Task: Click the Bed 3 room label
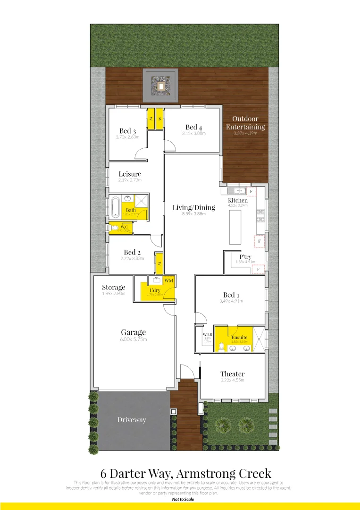pyautogui.click(x=127, y=131)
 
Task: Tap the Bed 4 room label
pyautogui.click(x=193, y=127)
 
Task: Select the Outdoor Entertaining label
pyautogui.click(x=245, y=123)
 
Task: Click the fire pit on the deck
pyautogui.click(x=161, y=85)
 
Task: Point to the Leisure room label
pyautogui.click(x=130, y=174)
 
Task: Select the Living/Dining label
pyautogui.click(x=193, y=207)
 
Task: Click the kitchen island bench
pyautogui.click(x=234, y=227)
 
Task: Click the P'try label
pyautogui.click(x=245, y=256)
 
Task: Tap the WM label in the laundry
pyautogui.click(x=169, y=281)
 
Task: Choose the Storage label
pyautogui.click(x=114, y=287)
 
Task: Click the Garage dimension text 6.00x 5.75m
pyautogui.click(x=133, y=340)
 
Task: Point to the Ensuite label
pyautogui.click(x=239, y=338)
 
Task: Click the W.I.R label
pyautogui.click(x=207, y=334)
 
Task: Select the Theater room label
pyautogui.click(x=232, y=374)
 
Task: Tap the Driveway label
pyautogui.click(x=132, y=420)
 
